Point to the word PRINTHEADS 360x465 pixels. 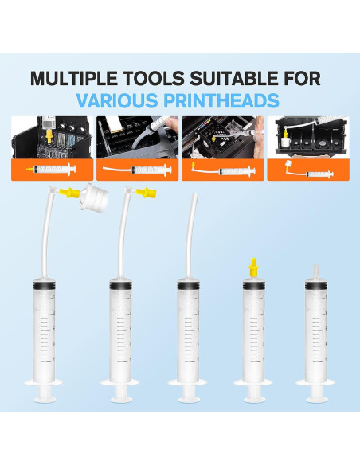click(x=230, y=101)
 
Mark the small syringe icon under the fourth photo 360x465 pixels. click(x=309, y=170)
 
